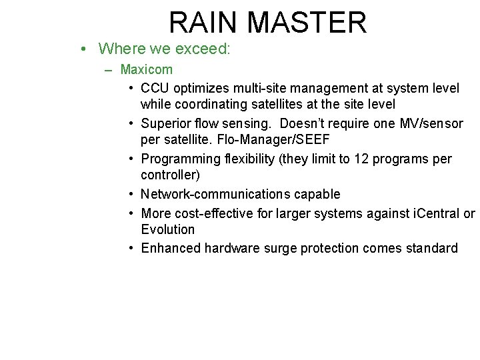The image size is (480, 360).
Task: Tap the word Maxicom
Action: [147, 69]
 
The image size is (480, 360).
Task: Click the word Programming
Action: [174, 159]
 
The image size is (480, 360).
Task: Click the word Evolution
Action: [168, 230]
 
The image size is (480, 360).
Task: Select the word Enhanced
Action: [170, 249]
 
